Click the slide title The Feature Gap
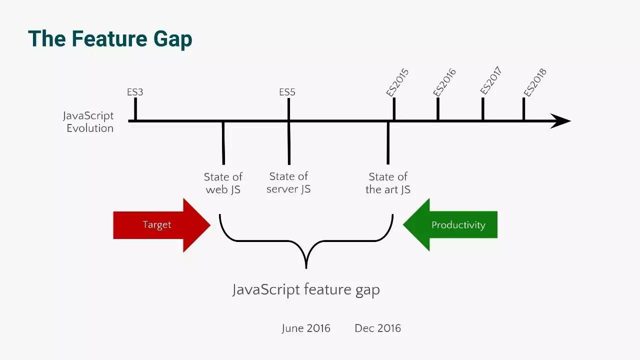point(110,39)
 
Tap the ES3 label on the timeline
point(135,92)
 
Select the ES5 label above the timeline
point(287,92)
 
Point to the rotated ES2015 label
point(397,82)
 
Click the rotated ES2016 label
point(444,82)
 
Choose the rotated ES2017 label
point(491,80)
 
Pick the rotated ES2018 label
point(535,82)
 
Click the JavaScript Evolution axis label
point(88,122)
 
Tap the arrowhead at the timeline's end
point(570,121)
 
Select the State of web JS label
point(223,183)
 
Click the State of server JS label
point(288,182)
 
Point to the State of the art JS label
point(388,183)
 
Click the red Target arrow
point(161,225)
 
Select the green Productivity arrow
point(450,224)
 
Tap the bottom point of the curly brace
point(306,268)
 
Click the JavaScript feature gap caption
point(306,289)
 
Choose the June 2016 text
point(306,328)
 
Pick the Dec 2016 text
point(377,328)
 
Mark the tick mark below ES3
point(135,109)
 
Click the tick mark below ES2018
point(523,109)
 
